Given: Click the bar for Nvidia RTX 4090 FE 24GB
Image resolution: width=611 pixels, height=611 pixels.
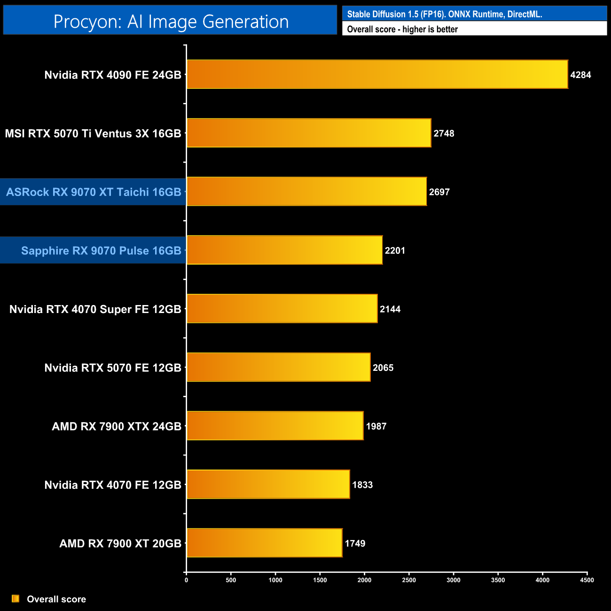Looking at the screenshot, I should (377, 74).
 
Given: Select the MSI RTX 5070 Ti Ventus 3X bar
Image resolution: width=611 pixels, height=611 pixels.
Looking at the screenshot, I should (309, 133).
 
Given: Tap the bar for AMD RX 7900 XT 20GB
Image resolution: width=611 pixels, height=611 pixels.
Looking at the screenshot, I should (264, 543).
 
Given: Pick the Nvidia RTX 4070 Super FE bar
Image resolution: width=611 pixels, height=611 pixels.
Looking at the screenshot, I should (282, 309).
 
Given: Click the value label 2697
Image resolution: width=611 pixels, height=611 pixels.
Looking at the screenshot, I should (439, 192).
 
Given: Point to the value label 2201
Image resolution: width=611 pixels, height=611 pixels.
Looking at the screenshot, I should (395, 251).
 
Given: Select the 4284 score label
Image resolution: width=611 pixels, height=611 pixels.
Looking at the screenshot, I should (580, 75).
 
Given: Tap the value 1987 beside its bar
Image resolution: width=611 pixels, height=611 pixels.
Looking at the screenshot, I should (376, 426).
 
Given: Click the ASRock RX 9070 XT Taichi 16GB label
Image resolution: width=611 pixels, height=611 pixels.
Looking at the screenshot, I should (94, 192).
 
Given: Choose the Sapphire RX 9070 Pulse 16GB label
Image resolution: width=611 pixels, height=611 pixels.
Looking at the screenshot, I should (101, 251).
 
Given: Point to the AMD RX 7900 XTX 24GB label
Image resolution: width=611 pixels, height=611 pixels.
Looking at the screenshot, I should (117, 426).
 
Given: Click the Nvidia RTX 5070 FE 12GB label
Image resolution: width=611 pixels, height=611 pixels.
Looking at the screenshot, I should (113, 368).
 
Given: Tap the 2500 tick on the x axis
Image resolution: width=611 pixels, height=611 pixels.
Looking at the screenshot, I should (409, 580).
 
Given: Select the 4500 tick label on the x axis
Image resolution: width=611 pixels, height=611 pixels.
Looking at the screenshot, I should (587, 580).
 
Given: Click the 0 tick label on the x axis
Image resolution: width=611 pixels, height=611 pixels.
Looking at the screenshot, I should (187, 580).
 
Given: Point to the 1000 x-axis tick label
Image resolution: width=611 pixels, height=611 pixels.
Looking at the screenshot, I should (275, 580).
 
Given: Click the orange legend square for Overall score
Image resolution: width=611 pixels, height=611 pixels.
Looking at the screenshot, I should (16, 599).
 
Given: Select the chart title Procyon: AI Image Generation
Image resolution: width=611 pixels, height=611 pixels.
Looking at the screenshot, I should (171, 21).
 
